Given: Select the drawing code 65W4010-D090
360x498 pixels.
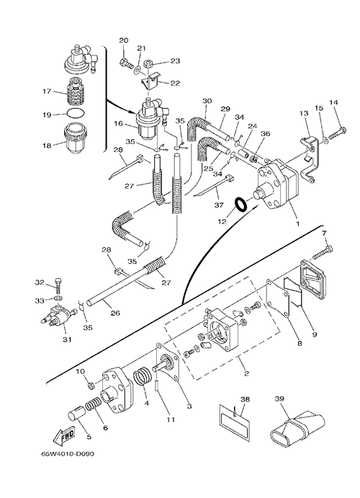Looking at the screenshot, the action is point(68,454).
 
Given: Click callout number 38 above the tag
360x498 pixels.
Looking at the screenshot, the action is point(245,399).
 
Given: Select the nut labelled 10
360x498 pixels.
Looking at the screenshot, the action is point(90,386).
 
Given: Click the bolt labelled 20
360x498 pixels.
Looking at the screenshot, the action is point(126,63).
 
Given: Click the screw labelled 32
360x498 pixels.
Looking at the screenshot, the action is point(58,285).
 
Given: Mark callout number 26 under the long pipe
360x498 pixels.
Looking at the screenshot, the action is point(115,313).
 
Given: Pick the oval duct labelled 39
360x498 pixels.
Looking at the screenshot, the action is point(297,425).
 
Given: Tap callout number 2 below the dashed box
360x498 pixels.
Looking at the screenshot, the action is point(246,373).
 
